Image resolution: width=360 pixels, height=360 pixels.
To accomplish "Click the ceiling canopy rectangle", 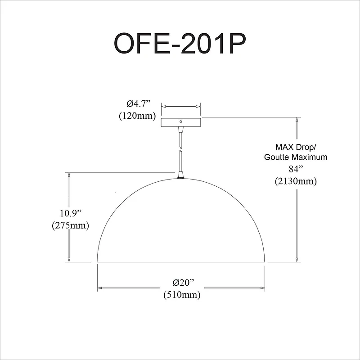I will pyautogui.click(x=181, y=121).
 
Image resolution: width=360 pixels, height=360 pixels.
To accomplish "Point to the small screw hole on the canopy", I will pyautogui.click(x=181, y=121).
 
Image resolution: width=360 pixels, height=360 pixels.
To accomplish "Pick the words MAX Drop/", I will pyautogui.click(x=296, y=147).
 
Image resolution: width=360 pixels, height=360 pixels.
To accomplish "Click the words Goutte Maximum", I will pyautogui.click(x=296, y=157).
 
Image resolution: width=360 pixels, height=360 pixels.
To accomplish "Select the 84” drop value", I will pyautogui.click(x=296, y=170).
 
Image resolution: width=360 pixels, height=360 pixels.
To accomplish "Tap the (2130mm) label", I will pyautogui.click(x=296, y=181).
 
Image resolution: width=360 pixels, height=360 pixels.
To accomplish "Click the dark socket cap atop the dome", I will pyautogui.click(x=181, y=176).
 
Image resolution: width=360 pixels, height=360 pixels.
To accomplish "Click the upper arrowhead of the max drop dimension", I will pyautogui.click(x=297, y=120).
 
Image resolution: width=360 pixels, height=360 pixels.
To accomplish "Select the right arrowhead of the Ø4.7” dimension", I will pyautogui.click(x=198, y=107).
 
